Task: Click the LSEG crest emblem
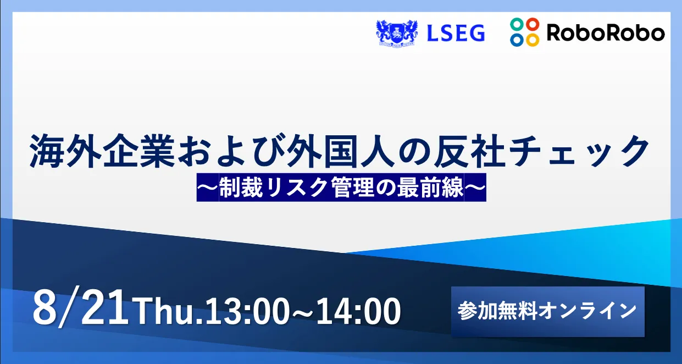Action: pyautogui.click(x=397, y=33)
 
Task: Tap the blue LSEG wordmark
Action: pyautogui.click(x=456, y=33)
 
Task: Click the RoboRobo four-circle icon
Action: pyautogui.click(x=525, y=32)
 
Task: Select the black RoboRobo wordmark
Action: pyautogui.click(x=606, y=32)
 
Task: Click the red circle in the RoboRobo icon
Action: pyautogui.click(x=533, y=24)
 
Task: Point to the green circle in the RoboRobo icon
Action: pyautogui.click(x=517, y=24)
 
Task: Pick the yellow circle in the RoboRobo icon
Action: pyautogui.click(x=533, y=40)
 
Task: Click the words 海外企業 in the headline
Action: pyautogui.click(x=102, y=151)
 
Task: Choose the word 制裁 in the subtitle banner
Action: pyautogui.click(x=241, y=187)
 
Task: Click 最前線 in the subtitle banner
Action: pyautogui.click(x=430, y=187)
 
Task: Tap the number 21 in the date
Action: pyautogui.click(x=104, y=308)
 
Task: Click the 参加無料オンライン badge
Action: pyautogui.click(x=548, y=311)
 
